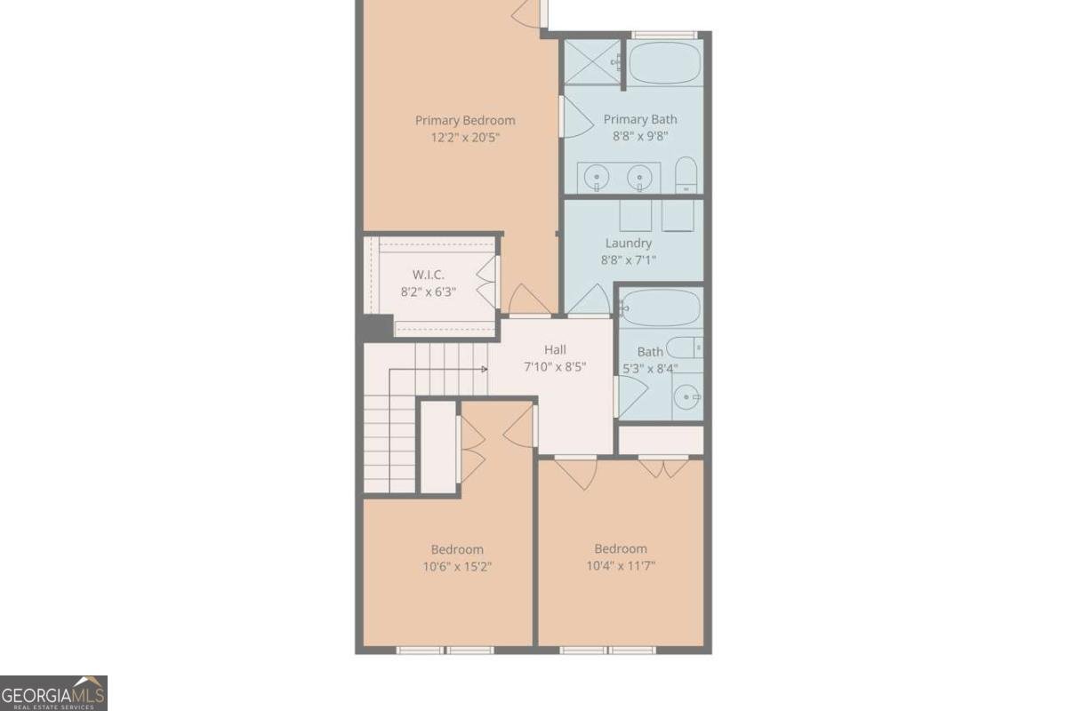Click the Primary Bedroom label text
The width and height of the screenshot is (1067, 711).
pos(465,121)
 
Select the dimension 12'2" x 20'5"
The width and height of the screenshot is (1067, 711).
pos(465,138)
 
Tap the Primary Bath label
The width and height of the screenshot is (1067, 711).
pos(640,119)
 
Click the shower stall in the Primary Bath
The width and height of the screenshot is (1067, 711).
pos(592,62)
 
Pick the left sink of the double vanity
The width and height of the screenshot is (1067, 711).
pos(596,179)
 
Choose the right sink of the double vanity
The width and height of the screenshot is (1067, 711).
pos(638,179)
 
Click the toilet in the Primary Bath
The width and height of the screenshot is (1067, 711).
pos(686,175)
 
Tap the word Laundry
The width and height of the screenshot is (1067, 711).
pos(629,244)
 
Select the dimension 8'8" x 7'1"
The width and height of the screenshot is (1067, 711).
pos(629,260)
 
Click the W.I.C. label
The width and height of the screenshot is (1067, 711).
pos(428,274)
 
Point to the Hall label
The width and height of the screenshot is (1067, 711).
pos(555,350)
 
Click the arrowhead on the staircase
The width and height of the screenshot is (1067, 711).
pos(485,369)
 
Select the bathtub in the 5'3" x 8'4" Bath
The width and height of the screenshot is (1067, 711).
pos(660,308)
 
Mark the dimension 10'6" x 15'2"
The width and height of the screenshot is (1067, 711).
pos(458,566)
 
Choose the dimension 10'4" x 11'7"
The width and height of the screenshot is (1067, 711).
pos(621,565)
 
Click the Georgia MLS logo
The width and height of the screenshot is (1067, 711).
pos(53,693)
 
